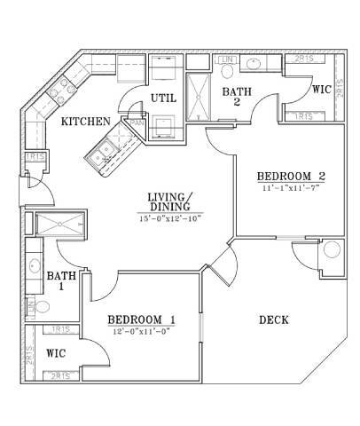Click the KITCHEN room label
coord(86,122)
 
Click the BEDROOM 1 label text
coord(142,319)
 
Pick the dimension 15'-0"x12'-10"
coord(170,218)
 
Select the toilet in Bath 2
coord(226,62)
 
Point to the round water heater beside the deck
coord(332,249)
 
